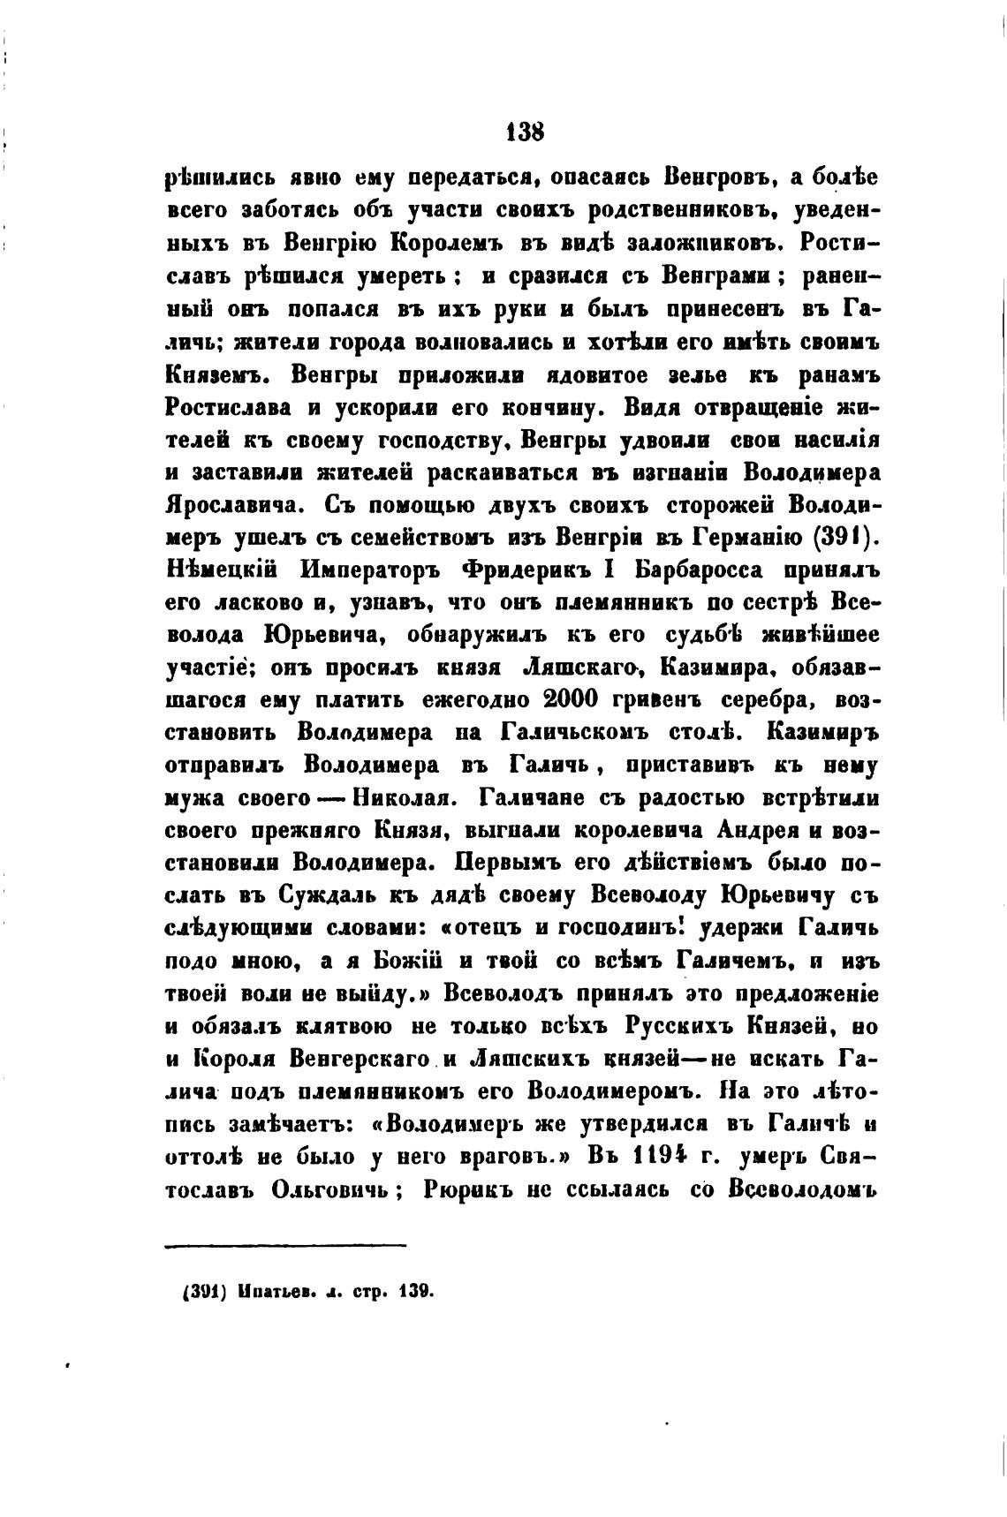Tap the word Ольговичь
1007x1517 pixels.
[331, 1190]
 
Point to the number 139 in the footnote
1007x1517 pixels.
[416, 1290]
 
